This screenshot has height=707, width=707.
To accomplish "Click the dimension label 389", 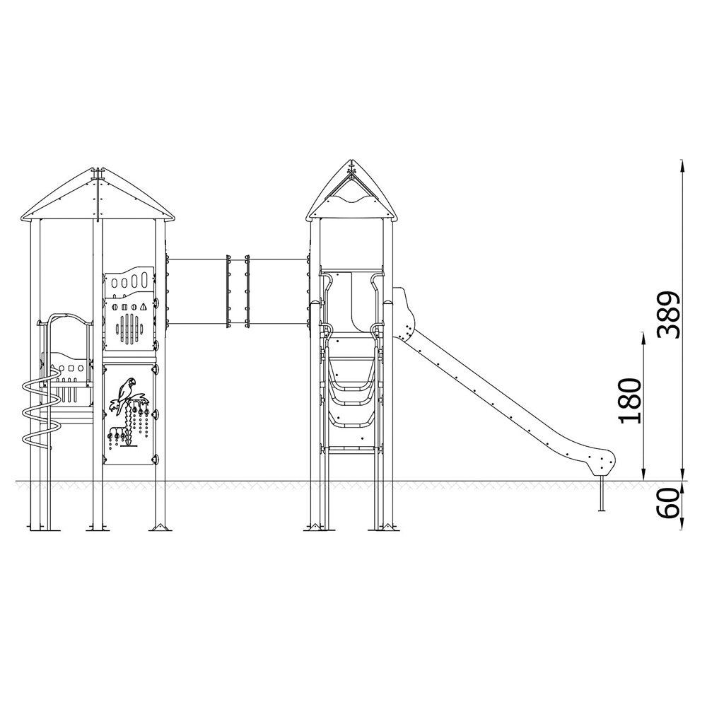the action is [668, 315].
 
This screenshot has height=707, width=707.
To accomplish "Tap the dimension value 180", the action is [630, 401].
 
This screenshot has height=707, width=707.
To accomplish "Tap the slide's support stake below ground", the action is [601, 493].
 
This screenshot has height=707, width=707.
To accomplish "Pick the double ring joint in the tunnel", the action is [237, 291].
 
